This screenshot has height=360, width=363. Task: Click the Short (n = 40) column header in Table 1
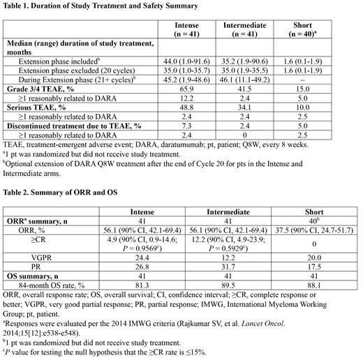(x=321, y=29)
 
